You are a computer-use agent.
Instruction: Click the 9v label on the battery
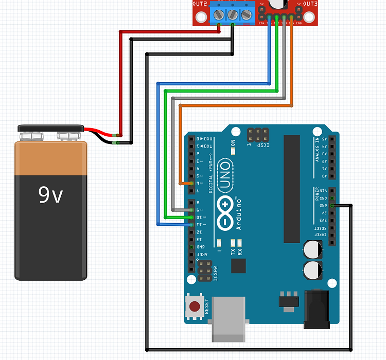click(50, 194)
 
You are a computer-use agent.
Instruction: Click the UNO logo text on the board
click(225, 174)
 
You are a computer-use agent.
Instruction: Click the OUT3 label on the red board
click(310, 4)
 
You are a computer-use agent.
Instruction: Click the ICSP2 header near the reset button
click(204, 271)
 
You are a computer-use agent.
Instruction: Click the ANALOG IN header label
click(318, 150)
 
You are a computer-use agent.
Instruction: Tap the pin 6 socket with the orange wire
click(191, 183)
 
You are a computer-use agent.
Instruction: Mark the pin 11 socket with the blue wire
click(191, 225)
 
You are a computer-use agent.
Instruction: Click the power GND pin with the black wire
click(332, 206)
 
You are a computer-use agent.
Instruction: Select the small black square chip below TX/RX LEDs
click(238, 266)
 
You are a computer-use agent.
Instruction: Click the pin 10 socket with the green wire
click(191, 218)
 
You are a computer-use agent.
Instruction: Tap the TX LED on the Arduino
click(233, 242)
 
